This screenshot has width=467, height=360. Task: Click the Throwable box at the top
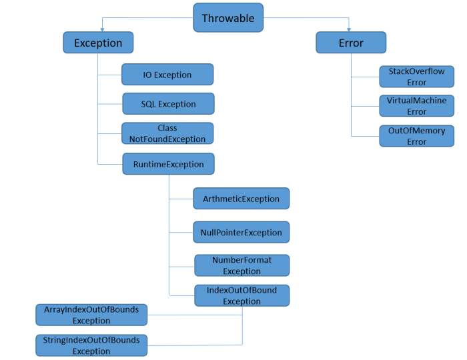(228, 17)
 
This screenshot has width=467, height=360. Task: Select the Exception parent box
(98, 43)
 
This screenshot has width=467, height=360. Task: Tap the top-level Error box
(351, 43)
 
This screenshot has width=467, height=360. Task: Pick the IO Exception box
(167, 75)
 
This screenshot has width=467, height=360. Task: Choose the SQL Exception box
(168, 103)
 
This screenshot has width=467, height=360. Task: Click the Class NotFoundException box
(167, 133)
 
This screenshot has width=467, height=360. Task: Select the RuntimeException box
(168, 164)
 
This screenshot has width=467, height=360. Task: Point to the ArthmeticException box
(242, 199)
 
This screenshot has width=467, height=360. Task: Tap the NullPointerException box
(242, 232)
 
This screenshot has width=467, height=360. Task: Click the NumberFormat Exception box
(242, 265)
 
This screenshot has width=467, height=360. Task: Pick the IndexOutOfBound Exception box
(242, 295)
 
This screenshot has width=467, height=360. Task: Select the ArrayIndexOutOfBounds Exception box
(91, 315)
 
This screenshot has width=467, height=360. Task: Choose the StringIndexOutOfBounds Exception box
(91, 345)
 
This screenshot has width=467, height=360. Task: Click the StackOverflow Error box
(417, 77)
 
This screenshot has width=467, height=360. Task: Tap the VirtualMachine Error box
(417, 106)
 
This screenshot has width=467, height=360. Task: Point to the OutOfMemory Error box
(417, 136)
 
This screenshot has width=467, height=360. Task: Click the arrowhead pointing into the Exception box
(102, 30)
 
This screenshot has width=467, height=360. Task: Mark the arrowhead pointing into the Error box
(349, 30)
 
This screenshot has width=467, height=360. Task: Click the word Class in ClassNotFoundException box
(167, 128)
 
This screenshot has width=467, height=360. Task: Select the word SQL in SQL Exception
(148, 104)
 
